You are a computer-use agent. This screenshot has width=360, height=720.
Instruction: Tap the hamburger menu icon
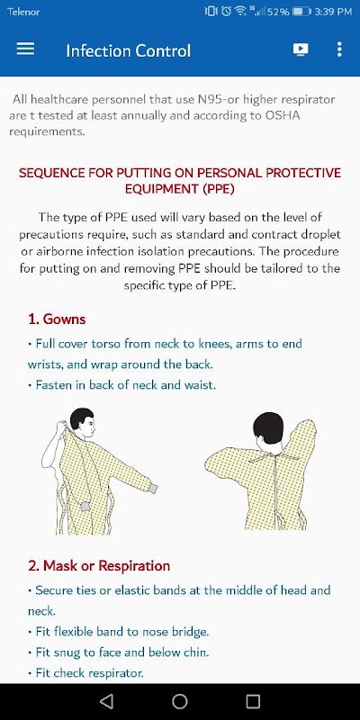pyautogui.click(x=25, y=49)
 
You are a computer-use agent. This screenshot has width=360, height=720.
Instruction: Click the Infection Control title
pyautogui.click(x=128, y=50)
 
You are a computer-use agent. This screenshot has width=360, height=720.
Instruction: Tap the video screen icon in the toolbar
pyautogui.click(x=301, y=49)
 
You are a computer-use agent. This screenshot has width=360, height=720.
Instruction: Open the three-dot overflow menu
pyautogui.click(x=339, y=49)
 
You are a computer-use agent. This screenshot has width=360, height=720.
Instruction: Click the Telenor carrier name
pyautogui.click(x=23, y=12)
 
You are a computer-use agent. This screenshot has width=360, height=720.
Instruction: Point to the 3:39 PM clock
pyautogui.click(x=333, y=12)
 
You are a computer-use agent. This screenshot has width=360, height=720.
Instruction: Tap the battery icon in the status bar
pyautogui.click(x=301, y=12)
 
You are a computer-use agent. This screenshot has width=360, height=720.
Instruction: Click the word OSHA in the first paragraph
pyautogui.click(x=283, y=115)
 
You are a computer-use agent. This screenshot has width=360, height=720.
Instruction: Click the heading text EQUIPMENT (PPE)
pyautogui.click(x=180, y=189)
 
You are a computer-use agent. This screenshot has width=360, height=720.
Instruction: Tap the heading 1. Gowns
pyautogui.click(x=57, y=319)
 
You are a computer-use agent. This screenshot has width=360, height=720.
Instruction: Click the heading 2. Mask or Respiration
pyautogui.click(x=99, y=566)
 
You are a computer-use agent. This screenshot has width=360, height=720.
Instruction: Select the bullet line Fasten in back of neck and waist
pyautogui.click(x=121, y=385)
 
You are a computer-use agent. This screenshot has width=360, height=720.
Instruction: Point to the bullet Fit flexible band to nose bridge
pyautogui.click(x=119, y=632)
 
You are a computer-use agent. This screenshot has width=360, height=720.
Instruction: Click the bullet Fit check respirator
pyautogui.click(x=85, y=673)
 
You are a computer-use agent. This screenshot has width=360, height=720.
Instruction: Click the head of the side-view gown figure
pyautogui.click(x=83, y=421)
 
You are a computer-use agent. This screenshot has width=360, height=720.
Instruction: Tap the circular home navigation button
pyautogui.click(x=179, y=701)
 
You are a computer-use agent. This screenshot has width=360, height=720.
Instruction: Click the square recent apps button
pyautogui.click(x=253, y=701)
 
